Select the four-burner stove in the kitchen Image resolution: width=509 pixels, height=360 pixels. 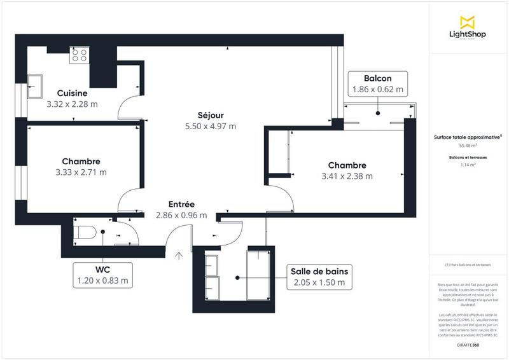click(80, 55)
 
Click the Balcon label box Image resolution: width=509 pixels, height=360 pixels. click(378, 84)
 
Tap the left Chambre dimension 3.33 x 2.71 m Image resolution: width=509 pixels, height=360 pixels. click(81, 172)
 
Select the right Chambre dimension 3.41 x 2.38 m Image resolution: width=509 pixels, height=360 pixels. click(347, 176)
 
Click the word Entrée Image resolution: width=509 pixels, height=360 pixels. click(181, 204)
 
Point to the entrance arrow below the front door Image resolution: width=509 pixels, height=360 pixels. click(179, 256)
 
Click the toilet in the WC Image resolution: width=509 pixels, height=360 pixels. click(84, 233)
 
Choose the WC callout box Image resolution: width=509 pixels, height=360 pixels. click(102, 274)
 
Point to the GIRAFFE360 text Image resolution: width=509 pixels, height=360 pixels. click(468, 344)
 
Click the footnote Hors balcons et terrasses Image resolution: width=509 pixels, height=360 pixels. click(468, 265)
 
